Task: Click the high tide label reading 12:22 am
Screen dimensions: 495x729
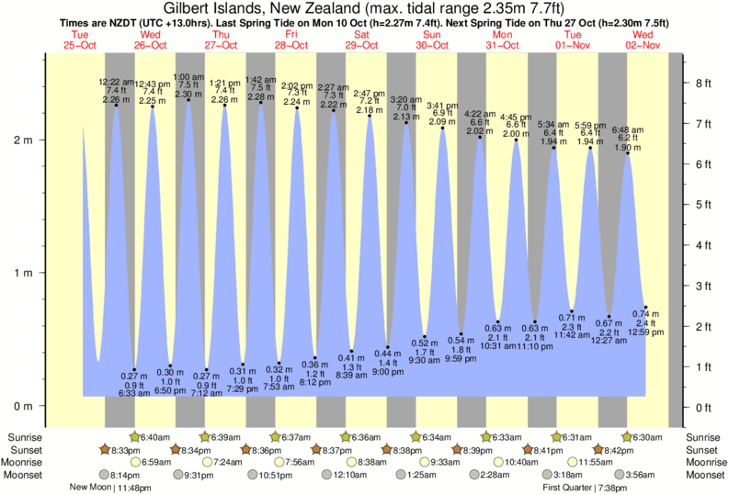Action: coord(116,82)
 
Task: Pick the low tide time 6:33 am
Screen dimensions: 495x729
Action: coord(134,393)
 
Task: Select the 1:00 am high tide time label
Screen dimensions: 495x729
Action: coord(188,77)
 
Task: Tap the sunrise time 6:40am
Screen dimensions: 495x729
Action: coord(152,437)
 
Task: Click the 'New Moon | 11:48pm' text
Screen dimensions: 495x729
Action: coord(104,488)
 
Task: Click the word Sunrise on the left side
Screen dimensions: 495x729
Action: coord(25,437)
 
